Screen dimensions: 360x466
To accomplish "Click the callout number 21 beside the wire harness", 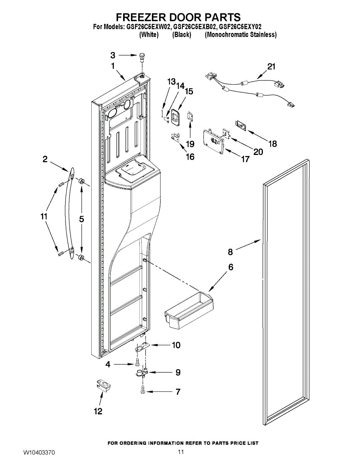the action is click(271, 67).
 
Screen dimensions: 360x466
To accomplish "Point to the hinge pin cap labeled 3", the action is click(142, 56).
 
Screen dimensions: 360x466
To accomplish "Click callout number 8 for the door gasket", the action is click(230, 252).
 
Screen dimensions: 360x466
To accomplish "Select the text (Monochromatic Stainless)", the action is click(240, 35).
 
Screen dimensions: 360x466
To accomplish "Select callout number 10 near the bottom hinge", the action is click(176, 345).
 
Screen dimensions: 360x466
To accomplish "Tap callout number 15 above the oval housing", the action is click(189, 91).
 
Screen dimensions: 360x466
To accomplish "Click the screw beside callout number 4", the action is click(137, 363).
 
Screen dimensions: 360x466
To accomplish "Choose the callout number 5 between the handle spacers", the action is click(82, 219).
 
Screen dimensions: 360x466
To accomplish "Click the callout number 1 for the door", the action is click(113, 66).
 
